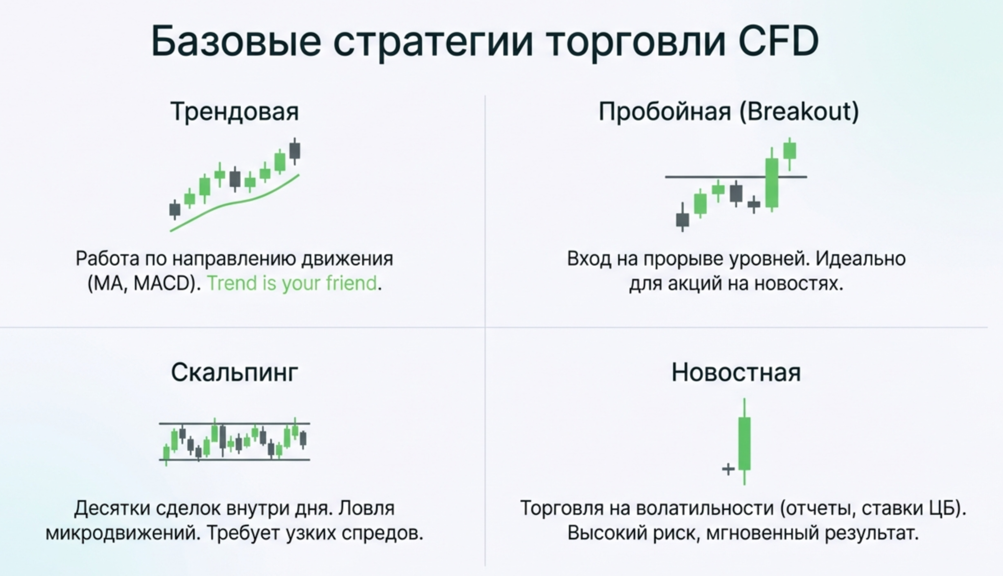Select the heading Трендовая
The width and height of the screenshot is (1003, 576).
coord(235,112)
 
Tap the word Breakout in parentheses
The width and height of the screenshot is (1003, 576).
coord(799,111)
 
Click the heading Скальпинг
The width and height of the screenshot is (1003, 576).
coord(235,372)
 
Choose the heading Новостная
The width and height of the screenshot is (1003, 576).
coord(736,372)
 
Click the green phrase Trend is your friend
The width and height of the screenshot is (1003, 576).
coord(292,283)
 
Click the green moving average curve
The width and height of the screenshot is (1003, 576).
coord(234,203)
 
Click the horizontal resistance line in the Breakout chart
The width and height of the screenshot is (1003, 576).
coord(736,177)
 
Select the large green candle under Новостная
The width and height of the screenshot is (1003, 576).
coord(744,442)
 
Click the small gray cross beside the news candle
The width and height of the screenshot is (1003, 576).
coord(728,469)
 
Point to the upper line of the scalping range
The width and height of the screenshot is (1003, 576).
coord(235,423)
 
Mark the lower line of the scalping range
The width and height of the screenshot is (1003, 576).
coord(235,460)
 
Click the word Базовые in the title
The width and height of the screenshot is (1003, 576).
coord(237,41)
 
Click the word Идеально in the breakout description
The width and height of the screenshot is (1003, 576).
coord(860,258)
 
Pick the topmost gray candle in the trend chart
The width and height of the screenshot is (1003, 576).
coord(295,151)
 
